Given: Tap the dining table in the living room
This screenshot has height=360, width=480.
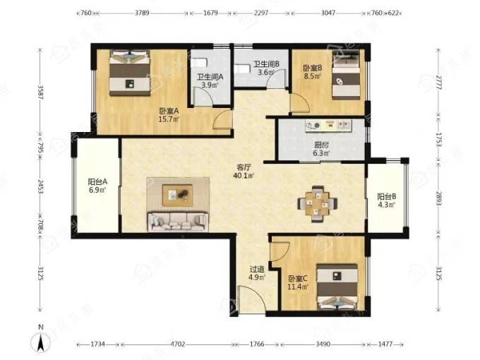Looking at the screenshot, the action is [x=318, y=203].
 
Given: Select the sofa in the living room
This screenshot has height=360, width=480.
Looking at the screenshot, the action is [x=178, y=222].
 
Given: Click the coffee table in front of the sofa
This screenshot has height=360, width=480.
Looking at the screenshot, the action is [x=178, y=196].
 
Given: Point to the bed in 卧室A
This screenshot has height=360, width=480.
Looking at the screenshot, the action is [x=130, y=73].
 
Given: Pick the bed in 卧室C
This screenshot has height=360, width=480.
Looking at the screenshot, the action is [x=337, y=287].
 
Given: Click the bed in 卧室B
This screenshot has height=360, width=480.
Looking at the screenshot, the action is [x=346, y=75].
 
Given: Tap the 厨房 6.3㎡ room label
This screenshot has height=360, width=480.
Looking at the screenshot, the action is [x=321, y=149].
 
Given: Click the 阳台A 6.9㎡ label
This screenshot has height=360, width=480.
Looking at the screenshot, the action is [x=97, y=186].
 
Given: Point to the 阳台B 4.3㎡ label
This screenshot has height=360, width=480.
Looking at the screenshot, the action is [x=386, y=200].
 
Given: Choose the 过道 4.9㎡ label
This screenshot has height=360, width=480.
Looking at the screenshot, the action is [x=257, y=273].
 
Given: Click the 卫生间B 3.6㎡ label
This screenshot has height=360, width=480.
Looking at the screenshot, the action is [x=265, y=68].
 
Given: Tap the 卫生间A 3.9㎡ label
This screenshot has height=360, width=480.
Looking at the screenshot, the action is [x=210, y=81].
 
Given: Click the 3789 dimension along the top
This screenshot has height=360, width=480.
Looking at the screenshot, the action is [x=142, y=13].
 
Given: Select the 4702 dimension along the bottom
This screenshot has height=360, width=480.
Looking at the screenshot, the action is [x=178, y=344].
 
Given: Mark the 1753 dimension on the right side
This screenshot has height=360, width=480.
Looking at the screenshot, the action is [x=438, y=139].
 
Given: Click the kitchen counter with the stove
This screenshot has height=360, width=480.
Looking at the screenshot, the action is [x=328, y=126].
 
